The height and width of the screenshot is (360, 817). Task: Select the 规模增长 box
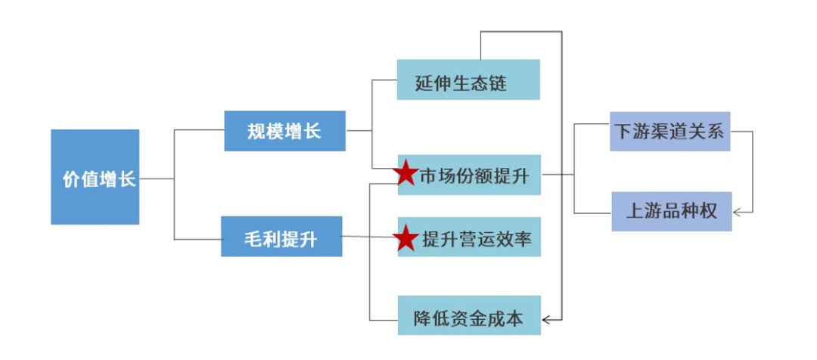pyautogui.click(x=284, y=131)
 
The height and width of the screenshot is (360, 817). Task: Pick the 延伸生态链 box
pyautogui.click(x=468, y=79)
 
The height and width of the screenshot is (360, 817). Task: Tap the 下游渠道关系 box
pyautogui.click(x=669, y=132)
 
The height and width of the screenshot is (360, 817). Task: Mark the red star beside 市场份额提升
pyautogui.click(x=406, y=174)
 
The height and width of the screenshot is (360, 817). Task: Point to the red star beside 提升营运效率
pyautogui.click(x=406, y=238)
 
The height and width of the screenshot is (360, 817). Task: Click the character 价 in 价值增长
pyautogui.click(x=71, y=180)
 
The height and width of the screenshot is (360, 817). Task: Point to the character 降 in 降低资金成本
pyautogui.click(x=422, y=319)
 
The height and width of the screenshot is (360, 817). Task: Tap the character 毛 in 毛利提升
pyautogui.click(x=254, y=240)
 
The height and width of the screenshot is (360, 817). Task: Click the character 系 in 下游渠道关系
pyautogui.click(x=716, y=132)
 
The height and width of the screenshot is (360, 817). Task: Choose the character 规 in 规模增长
pyautogui.click(x=256, y=132)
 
